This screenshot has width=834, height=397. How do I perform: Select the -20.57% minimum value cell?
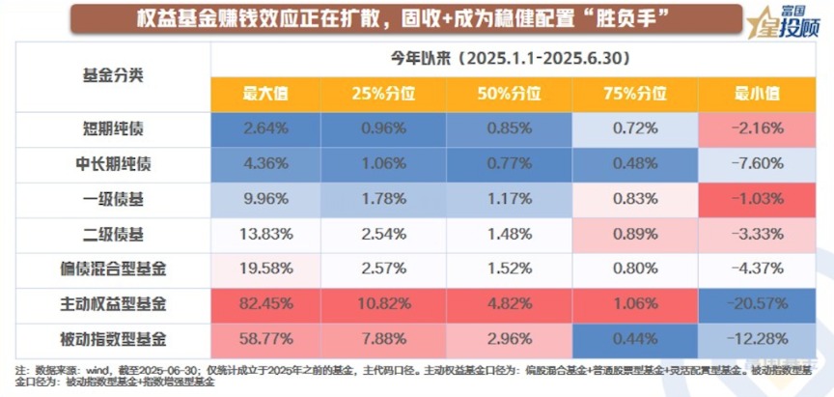(758, 304)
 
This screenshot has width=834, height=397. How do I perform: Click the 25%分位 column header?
(391, 95)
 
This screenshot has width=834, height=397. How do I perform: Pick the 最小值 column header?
(758, 95)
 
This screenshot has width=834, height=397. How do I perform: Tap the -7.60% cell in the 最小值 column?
(758, 163)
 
